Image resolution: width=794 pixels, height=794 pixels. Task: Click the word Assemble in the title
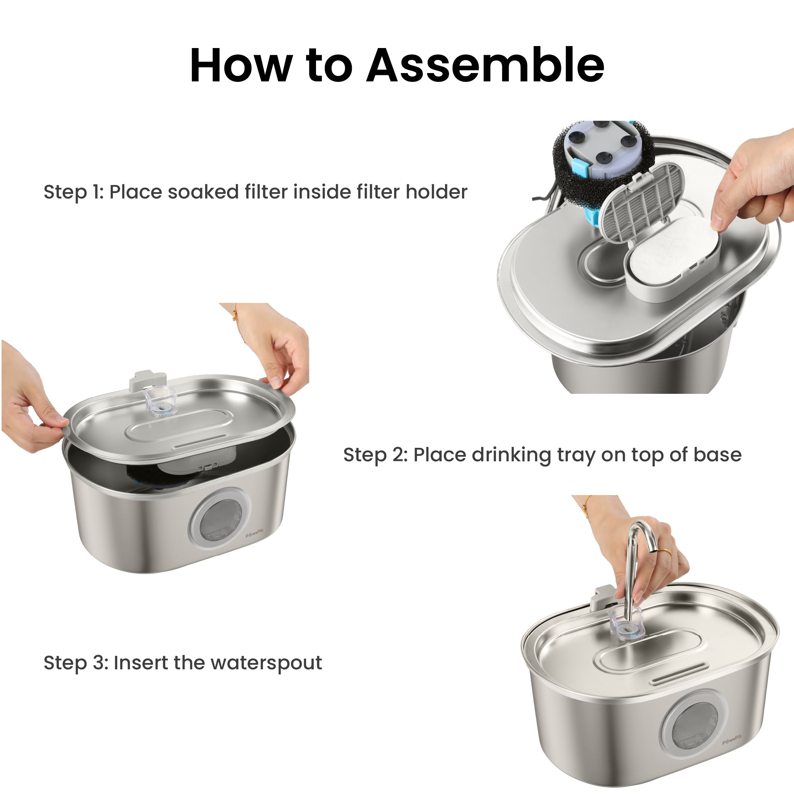(x=486, y=65)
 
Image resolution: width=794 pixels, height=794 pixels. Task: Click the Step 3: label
(x=76, y=663)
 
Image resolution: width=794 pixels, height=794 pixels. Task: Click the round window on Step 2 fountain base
(x=219, y=522)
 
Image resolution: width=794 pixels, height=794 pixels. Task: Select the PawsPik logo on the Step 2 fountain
(x=255, y=535)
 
